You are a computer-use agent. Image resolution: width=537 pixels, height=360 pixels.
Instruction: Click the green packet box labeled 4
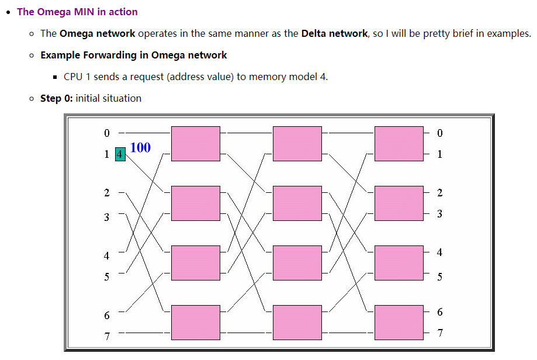(x=120, y=154)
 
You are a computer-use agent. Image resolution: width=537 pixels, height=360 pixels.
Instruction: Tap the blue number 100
(x=140, y=148)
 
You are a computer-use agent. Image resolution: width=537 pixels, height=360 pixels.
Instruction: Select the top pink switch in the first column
(x=195, y=143)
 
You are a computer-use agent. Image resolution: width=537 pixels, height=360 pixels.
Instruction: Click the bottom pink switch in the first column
(x=195, y=322)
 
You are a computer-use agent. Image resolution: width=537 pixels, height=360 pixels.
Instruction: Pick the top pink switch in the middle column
(x=297, y=143)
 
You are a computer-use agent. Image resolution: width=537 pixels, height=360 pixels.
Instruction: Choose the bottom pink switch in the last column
(x=399, y=322)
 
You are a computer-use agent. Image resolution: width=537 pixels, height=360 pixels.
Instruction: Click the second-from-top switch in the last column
(x=399, y=203)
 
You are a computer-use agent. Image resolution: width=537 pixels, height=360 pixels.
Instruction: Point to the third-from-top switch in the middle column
(x=297, y=263)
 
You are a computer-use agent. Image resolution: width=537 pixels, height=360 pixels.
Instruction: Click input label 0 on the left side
(x=106, y=133)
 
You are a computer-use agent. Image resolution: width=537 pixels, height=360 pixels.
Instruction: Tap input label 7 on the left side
(x=106, y=336)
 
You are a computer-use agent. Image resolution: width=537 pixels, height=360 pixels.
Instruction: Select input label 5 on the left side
(x=106, y=277)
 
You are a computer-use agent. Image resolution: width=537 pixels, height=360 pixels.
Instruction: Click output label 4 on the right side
(x=439, y=252)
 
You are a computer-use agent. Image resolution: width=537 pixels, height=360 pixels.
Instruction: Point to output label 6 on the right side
(x=439, y=312)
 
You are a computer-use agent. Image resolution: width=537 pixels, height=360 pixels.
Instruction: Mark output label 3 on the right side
(x=439, y=214)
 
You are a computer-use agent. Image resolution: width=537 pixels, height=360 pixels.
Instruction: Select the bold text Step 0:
(x=57, y=98)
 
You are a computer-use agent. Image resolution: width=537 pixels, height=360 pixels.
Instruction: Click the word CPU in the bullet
(x=74, y=77)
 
